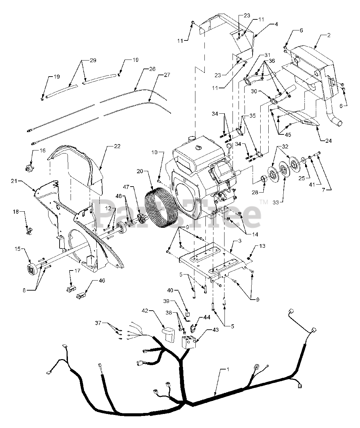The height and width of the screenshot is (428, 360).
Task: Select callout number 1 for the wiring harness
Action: (228, 370)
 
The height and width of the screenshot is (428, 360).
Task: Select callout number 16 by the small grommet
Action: (43, 150)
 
